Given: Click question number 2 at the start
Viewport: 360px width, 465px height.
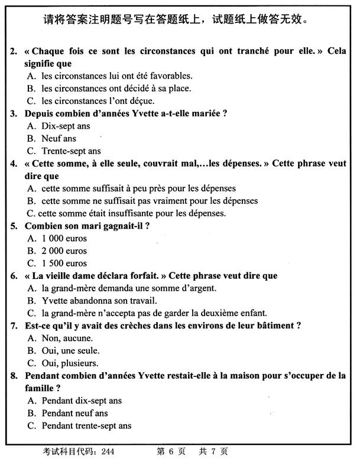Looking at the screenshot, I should pyautogui.click(x=14, y=51).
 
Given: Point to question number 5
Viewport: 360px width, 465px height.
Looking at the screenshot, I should pyautogui.click(x=14, y=226).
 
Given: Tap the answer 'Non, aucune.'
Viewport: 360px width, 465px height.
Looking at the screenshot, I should pyautogui.click(x=67, y=338).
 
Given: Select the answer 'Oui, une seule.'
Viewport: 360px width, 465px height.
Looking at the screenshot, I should pyautogui.click(x=70, y=350).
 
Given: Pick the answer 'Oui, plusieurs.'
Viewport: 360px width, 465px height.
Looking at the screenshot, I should pyautogui.click(x=70, y=363).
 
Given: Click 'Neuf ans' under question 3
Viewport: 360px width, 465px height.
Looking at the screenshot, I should pyautogui.click(x=59, y=138).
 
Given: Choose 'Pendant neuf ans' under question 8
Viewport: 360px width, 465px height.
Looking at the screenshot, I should pyautogui.click(x=75, y=413).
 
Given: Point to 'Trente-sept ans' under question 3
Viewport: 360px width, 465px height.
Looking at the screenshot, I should pyautogui.click(x=71, y=151).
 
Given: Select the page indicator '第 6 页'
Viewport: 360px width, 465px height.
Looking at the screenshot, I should pyautogui.click(x=171, y=452).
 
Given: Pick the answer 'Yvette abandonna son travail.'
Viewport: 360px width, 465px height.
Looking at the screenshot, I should pyautogui.click(x=99, y=301).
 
